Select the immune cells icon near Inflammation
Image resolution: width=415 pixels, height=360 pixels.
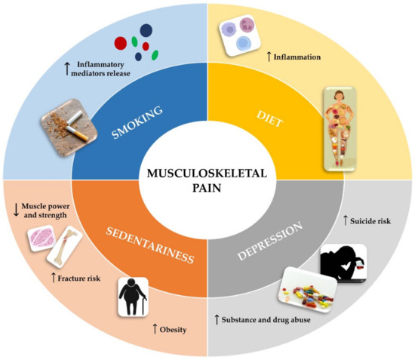tap(239, 37)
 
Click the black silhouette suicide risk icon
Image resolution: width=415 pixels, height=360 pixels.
tap(343, 264)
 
